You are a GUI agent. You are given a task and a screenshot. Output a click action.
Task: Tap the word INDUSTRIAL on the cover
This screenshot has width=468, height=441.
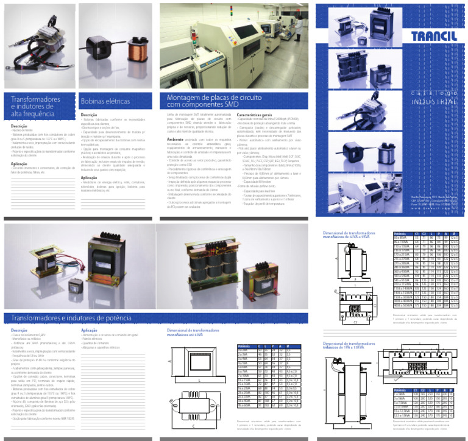(434, 102)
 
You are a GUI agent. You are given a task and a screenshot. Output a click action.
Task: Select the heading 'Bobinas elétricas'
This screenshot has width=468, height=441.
(105, 101)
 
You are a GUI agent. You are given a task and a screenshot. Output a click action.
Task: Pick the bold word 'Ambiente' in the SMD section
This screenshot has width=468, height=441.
(175, 139)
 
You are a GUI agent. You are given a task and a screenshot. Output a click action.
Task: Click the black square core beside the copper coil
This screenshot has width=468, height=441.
(99, 48)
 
